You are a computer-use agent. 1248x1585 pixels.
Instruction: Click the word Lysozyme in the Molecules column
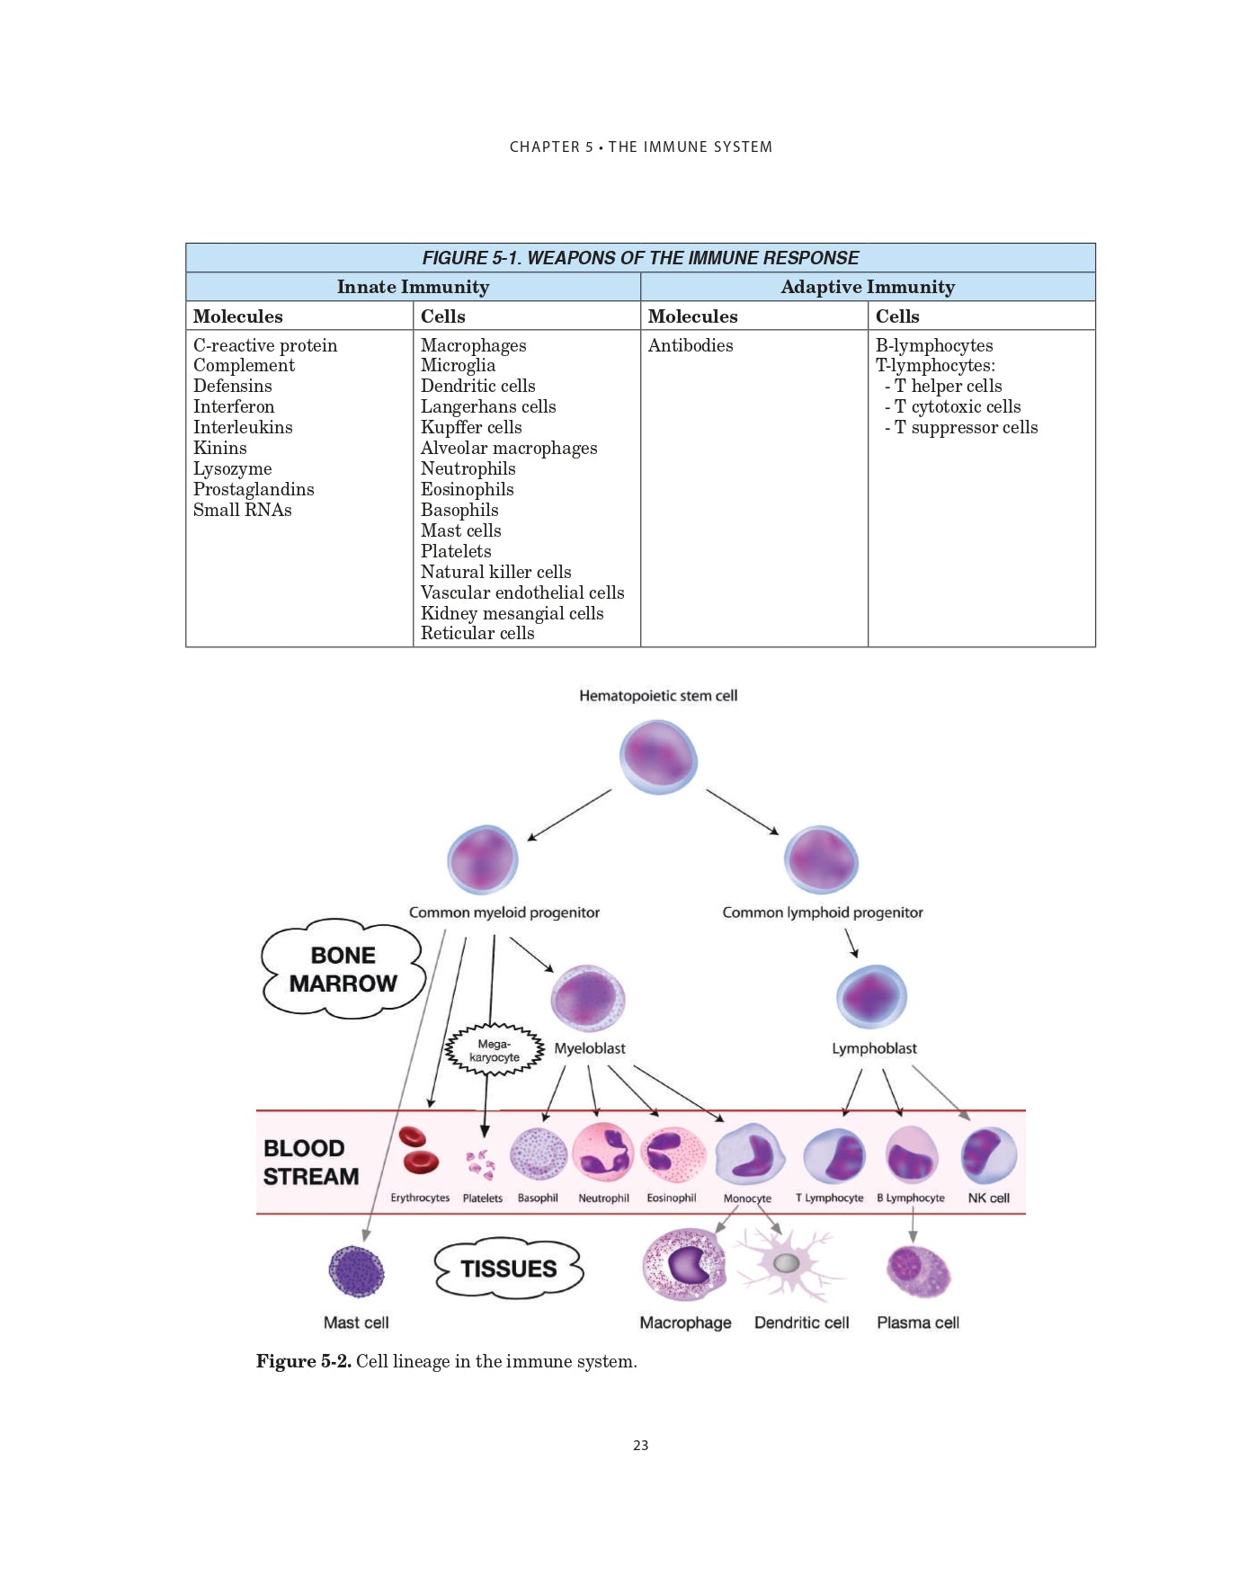(232, 468)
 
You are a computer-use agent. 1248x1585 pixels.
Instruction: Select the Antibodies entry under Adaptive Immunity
(690, 345)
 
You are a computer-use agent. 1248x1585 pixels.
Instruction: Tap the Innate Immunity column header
(413, 287)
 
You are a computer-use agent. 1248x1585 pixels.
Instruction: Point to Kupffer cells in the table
(470, 427)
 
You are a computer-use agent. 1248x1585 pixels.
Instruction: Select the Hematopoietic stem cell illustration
(658, 757)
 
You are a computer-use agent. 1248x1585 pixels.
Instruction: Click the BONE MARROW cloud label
(343, 969)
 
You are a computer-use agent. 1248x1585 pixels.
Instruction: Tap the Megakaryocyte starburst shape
(495, 1050)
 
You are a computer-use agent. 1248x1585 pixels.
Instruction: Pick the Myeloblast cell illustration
(588, 999)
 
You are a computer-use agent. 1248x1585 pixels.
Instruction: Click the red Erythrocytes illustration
(418, 1152)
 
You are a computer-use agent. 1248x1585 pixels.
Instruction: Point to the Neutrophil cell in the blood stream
(603, 1153)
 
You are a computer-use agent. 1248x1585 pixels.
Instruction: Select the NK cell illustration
(988, 1155)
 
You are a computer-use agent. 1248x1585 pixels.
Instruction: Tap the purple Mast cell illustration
(356, 1271)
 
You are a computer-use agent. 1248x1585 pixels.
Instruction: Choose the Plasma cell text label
(917, 1322)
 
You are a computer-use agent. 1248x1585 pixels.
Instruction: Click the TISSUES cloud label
(509, 1269)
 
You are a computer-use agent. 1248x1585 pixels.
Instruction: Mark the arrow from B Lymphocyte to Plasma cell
(913, 1224)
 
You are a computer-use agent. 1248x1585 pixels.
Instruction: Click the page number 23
(640, 1446)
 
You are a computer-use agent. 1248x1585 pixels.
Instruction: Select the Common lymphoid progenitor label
(822, 913)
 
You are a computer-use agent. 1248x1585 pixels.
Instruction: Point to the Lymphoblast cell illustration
(871, 997)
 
